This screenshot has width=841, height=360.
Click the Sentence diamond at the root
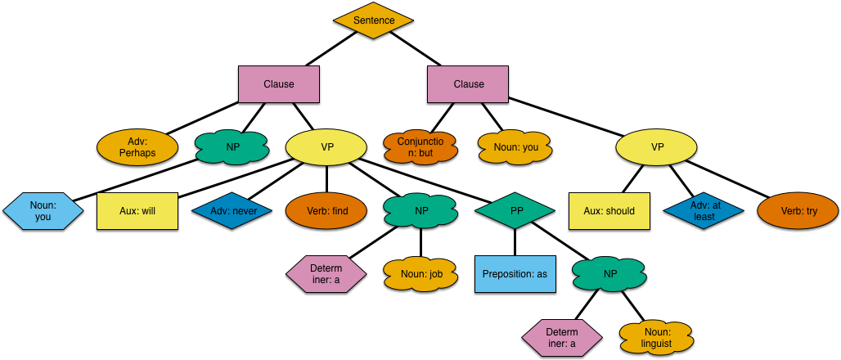[x=373, y=20]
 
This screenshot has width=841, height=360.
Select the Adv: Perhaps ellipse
[x=137, y=147]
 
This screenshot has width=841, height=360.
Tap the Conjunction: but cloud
[x=420, y=147]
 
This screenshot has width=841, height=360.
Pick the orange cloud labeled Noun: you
[x=515, y=147]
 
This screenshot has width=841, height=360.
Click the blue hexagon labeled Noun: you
[x=43, y=211]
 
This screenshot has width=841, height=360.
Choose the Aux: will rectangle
[x=137, y=211]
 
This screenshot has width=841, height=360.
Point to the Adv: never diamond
[x=232, y=211]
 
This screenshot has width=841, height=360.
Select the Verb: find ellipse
[x=326, y=211]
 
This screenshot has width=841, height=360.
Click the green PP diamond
[x=515, y=211]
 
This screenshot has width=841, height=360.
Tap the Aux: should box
[x=609, y=211]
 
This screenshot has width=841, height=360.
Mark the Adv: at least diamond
[x=704, y=211]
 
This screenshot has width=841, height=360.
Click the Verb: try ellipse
[x=798, y=211]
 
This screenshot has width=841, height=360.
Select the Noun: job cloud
[x=420, y=274]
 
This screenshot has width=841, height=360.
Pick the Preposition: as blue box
[x=515, y=274]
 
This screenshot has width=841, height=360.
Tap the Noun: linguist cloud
[x=657, y=338]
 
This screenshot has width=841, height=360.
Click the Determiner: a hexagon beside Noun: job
[x=326, y=274]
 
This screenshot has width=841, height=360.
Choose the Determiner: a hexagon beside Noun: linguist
[x=562, y=338]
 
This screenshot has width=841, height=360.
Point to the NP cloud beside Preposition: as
[x=609, y=274]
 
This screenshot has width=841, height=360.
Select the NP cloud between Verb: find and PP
[x=420, y=211]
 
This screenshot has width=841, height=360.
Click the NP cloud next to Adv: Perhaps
[x=232, y=147]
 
